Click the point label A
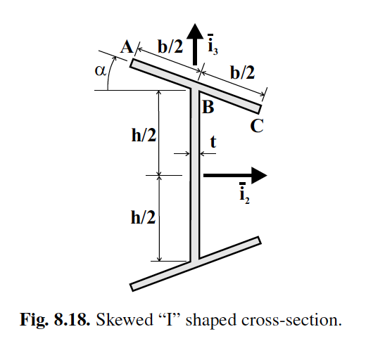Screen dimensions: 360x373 tap(127, 47)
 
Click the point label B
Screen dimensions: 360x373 tap(208, 108)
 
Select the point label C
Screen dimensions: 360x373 tap(257, 127)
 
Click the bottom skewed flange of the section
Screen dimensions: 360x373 tap(197, 262)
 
